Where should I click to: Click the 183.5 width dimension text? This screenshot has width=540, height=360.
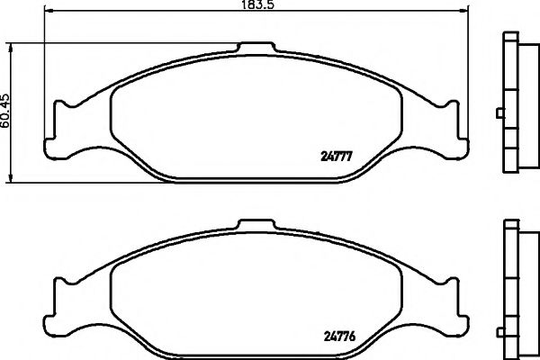point(256,6)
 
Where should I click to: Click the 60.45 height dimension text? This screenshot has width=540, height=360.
point(6,111)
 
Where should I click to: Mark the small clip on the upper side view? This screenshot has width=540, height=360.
point(499,113)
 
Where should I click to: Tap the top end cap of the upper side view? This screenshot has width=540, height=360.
point(510,37)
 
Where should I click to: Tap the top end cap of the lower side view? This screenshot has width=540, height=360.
point(510,224)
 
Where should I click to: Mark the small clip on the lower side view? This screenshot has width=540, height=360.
point(499,290)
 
